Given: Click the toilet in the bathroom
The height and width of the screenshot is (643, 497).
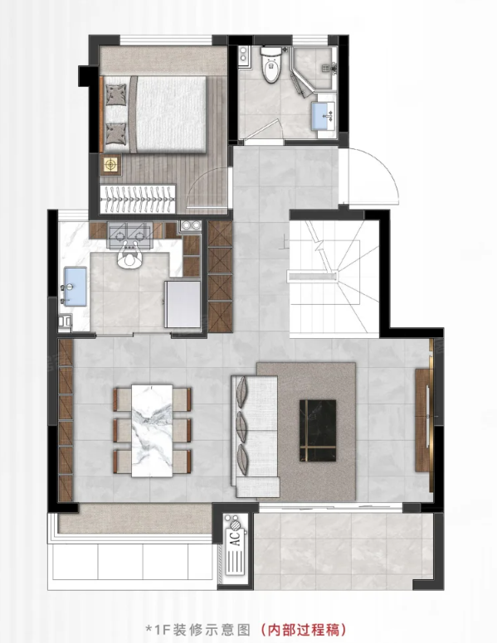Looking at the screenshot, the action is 271,65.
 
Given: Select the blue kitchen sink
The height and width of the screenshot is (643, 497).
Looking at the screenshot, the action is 76,287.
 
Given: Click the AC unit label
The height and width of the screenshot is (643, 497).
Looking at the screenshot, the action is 236,538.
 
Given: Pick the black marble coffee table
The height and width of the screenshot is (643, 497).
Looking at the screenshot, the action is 318,431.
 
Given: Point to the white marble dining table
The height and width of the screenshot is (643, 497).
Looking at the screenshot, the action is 152,431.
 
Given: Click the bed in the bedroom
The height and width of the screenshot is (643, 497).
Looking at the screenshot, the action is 153,114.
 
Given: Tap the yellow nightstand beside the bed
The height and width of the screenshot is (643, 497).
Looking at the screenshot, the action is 110,164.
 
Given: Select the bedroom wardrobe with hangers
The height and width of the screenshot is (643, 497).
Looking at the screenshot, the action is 138,200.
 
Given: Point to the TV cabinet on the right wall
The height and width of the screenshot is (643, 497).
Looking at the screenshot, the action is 423,420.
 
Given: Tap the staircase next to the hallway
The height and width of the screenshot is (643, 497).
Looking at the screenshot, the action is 334,279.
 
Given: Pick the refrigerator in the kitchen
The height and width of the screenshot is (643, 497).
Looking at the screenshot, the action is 183,304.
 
